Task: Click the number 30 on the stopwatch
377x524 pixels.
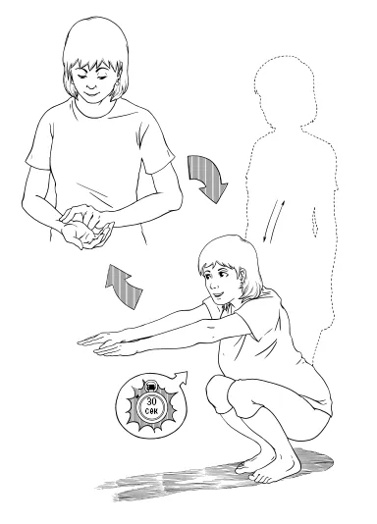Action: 152,402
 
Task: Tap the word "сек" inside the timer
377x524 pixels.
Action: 152,410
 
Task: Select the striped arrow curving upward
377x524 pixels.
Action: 123,285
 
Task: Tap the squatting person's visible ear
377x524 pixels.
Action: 242,276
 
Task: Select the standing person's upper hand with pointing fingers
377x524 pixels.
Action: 81,215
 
